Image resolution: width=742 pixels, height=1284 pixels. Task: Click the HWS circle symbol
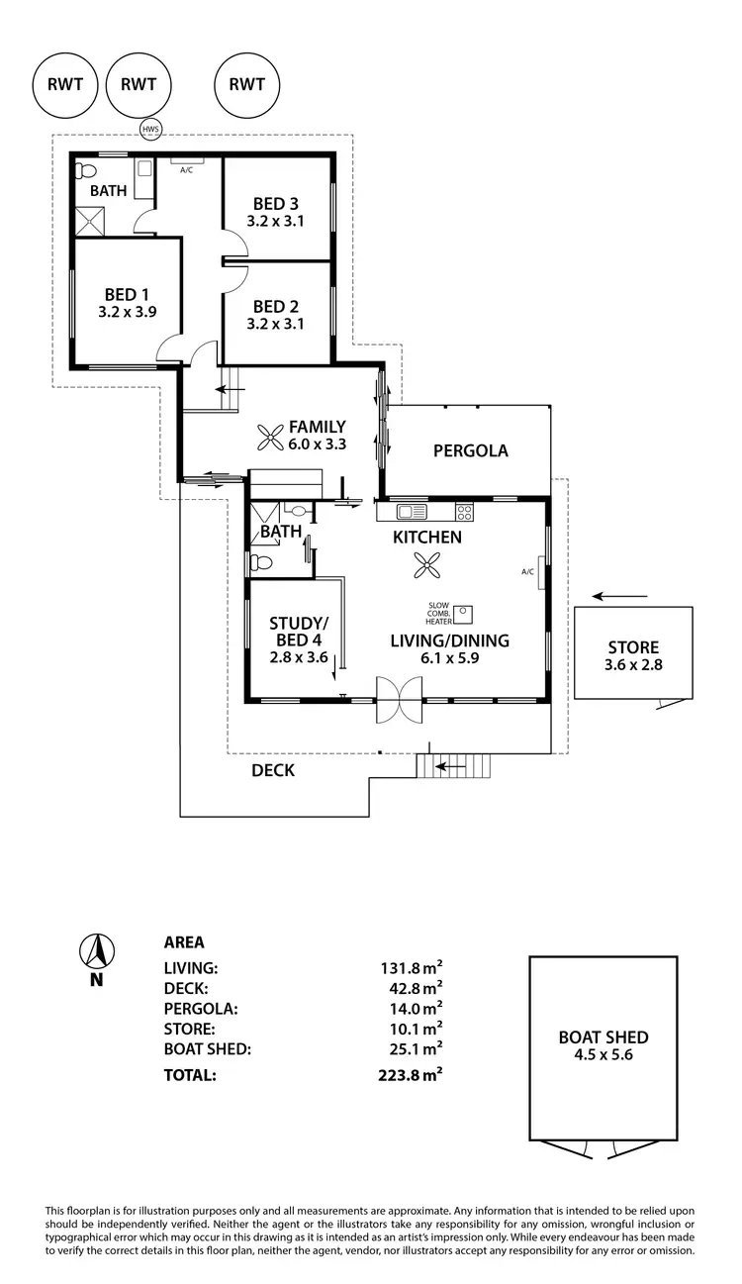149,129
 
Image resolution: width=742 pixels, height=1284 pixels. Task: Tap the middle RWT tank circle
139,84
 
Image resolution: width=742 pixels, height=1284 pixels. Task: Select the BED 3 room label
276,204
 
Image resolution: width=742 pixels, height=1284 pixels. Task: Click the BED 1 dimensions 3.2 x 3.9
128,311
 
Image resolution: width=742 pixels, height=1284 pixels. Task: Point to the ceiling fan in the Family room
271,437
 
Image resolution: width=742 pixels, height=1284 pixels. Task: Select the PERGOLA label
471,450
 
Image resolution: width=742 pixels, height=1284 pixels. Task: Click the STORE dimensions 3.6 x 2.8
633,664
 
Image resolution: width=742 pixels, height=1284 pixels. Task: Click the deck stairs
453,765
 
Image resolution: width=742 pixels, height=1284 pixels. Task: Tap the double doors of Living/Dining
401,702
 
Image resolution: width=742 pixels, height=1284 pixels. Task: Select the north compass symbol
96,951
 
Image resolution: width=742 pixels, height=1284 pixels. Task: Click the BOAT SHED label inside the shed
603,1037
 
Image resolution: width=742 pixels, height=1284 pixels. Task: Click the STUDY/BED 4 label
298,631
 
